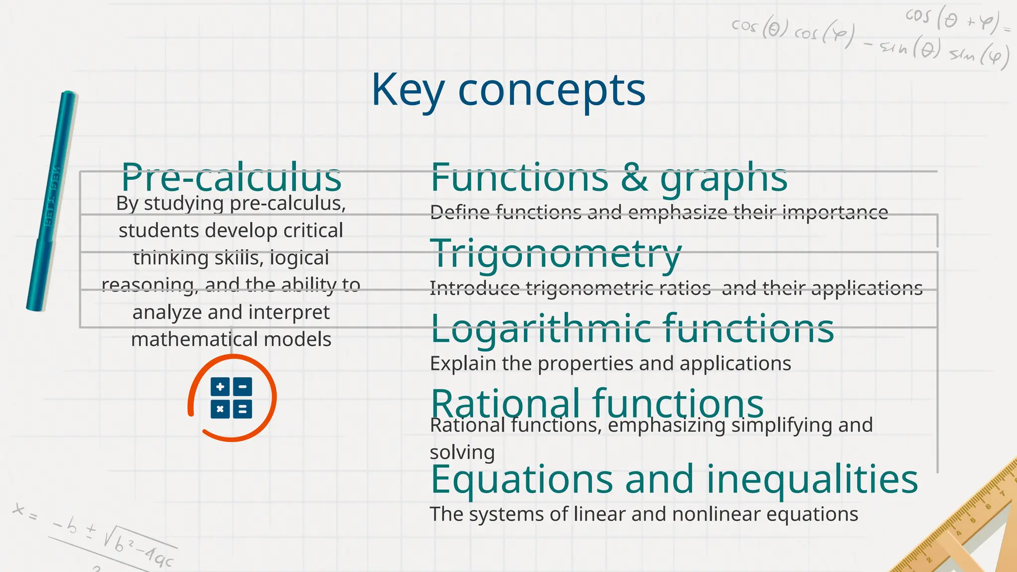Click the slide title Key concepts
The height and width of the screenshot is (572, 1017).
pos(508,90)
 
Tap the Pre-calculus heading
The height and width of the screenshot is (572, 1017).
pos(231,177)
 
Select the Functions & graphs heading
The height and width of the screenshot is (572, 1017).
pos(609,177)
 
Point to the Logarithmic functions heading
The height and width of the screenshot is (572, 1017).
pos(632,328)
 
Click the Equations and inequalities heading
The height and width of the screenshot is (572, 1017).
pos(674,479)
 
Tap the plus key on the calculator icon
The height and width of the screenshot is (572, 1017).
pos(220,387)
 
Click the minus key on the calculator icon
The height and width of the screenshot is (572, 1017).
pos(242,387)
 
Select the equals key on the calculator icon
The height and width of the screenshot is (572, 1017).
pos(242,409)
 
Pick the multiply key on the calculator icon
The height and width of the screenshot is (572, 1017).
pos(220,409)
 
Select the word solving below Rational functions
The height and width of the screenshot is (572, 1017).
pos(462,452)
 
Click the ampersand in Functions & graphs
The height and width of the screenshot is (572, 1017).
pos(634,177)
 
